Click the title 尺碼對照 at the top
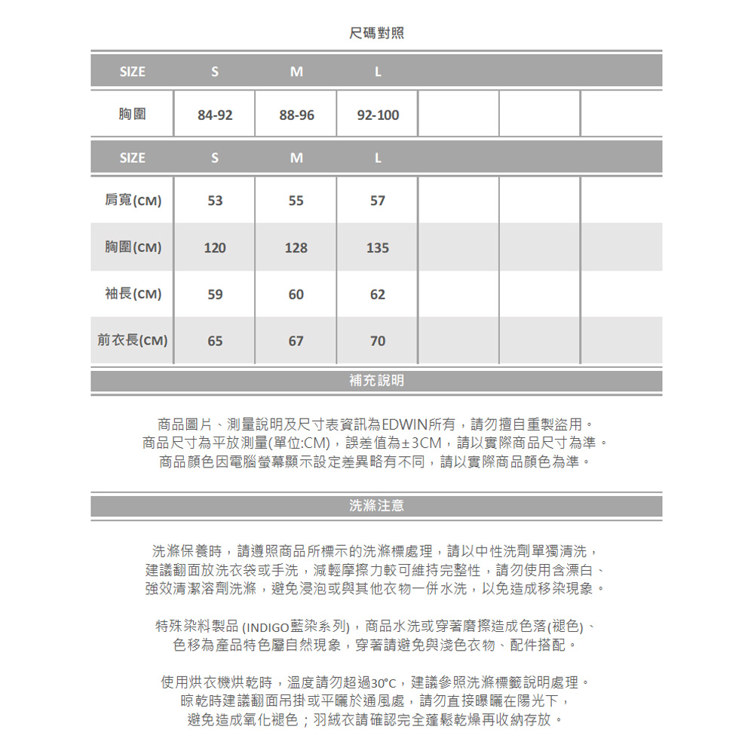coord(377,33)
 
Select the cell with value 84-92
coord(215,115)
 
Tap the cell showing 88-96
coord(296,115)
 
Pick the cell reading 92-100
coord(378,115)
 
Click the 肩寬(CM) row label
coord(133,201)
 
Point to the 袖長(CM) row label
coord(133,294)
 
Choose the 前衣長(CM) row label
coord(133,341)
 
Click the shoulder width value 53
coord(215,201)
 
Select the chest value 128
coord(296,247)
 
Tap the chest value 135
coord(378,247)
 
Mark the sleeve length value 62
coord(378,294)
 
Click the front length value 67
coord(296,341)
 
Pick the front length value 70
coord(378,341)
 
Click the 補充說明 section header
coord(377,381)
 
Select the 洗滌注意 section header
coord(377,506)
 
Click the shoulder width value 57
coord(378,201)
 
